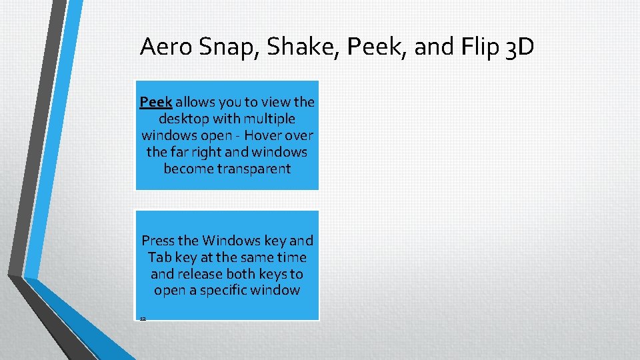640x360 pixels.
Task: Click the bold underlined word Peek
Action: point(156,102)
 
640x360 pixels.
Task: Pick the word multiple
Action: point(270,119)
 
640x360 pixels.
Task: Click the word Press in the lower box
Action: point(158,241)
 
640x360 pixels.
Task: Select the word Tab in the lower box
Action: point(159,257)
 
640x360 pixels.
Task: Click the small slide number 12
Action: point(143,319)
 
